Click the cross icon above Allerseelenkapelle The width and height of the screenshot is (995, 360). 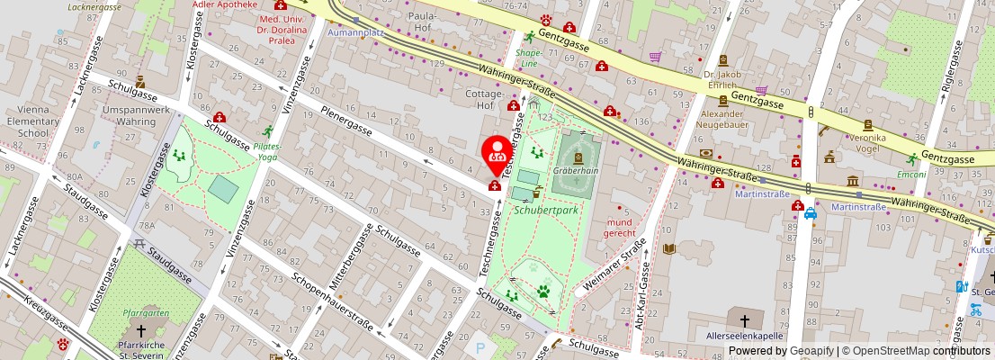pos(744,319)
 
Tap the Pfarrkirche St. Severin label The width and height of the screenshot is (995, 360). pos(139,349)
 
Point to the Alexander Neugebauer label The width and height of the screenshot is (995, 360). pos(722,120)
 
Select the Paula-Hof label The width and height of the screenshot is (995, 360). pos(422,22)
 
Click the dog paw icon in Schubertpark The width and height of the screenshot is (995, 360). pos(543,291)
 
